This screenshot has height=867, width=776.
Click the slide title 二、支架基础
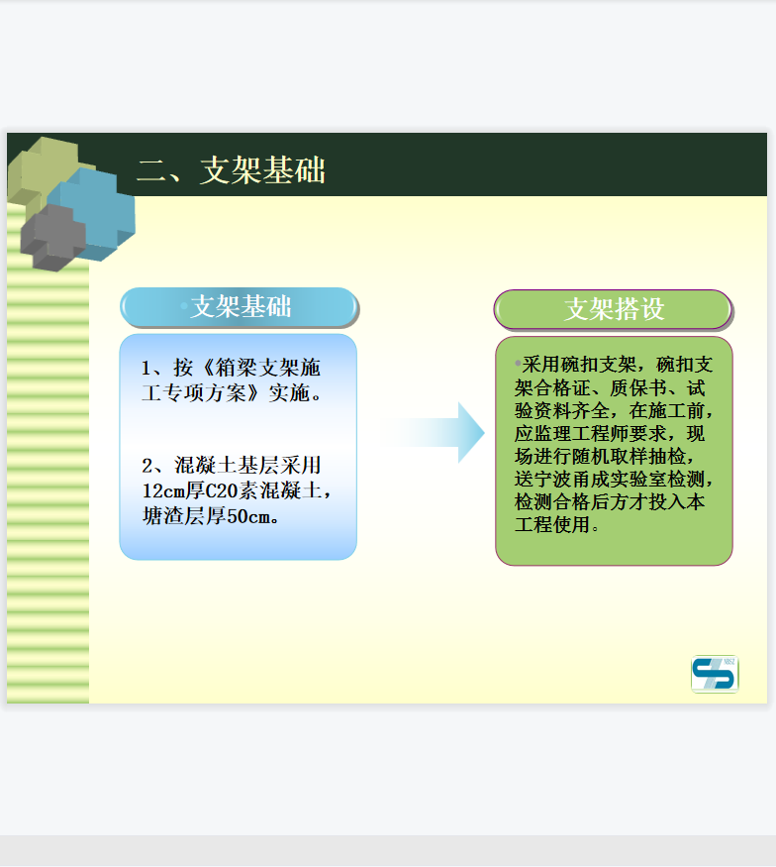[231, 169]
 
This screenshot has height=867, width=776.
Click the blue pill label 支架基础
[240, 307]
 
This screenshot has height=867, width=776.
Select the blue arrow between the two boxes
[434, 432]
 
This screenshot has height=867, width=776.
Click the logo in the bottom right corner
[715, 674]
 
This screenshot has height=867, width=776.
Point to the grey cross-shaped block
[53, 238]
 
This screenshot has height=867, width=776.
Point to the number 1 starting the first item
[145, 369]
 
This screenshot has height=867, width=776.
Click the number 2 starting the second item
[146, 466]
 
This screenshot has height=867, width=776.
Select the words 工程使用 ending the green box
[552, 524]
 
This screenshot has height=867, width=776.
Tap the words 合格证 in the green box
[561, 388]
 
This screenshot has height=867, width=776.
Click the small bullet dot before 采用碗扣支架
[518, 364]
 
